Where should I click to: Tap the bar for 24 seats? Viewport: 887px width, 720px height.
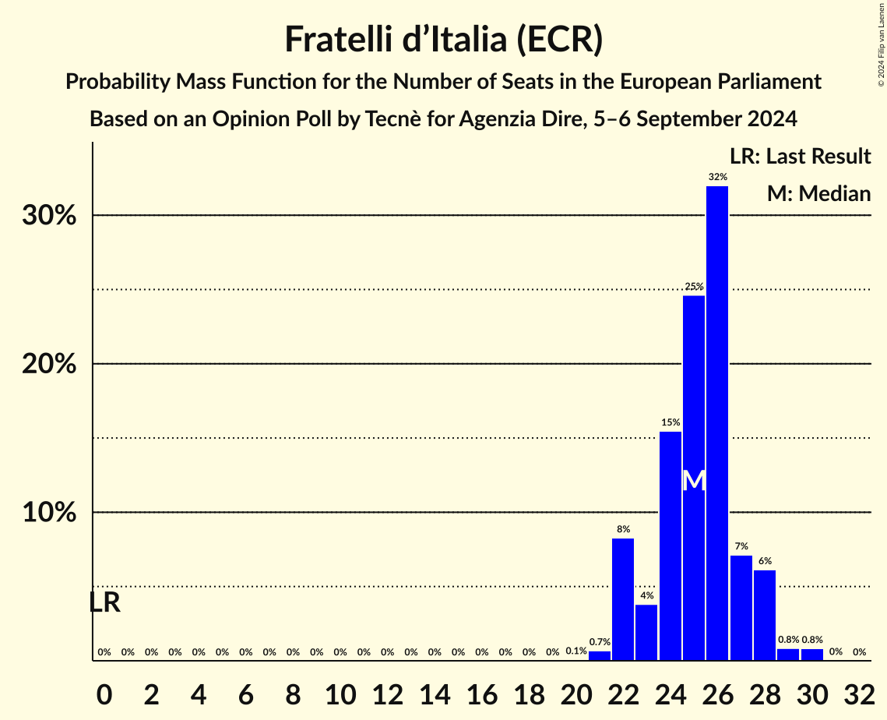click(671, 545)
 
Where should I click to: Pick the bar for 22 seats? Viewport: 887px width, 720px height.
click(623, 599)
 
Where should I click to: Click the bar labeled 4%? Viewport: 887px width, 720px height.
click(646, 632)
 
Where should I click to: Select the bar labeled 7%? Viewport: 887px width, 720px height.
click(741, 608)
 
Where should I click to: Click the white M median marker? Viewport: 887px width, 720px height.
click(694, 481)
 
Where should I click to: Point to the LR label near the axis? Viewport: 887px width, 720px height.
click(104, 602)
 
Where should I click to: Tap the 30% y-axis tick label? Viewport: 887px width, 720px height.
click(49, 216)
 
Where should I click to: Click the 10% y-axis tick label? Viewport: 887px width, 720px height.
click(49, 513)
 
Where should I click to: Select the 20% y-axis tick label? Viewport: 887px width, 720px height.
click(49, 364)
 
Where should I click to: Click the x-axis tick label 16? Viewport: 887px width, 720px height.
click(481, 691)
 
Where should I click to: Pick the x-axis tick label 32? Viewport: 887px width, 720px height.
click(859, 691)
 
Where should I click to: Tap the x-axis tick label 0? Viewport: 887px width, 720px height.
click(104, 691)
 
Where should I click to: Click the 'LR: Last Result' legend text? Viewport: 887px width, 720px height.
click(800, 157)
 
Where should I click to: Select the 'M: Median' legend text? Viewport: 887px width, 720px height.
click(818, 193)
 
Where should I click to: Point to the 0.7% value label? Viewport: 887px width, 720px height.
click(600, 642)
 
